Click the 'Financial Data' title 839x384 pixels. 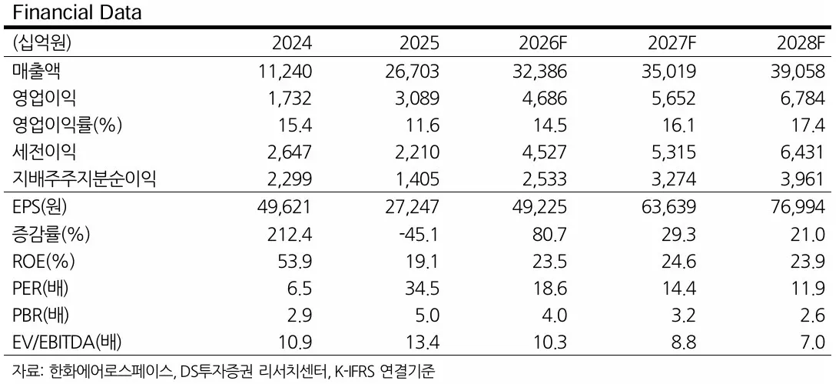(77, 12)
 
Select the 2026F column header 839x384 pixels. (542, 43)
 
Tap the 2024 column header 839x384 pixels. (292, 43)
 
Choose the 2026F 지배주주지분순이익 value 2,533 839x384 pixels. (544, 179)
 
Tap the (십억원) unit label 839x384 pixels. (41, 43)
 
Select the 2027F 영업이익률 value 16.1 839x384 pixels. (680, 125)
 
